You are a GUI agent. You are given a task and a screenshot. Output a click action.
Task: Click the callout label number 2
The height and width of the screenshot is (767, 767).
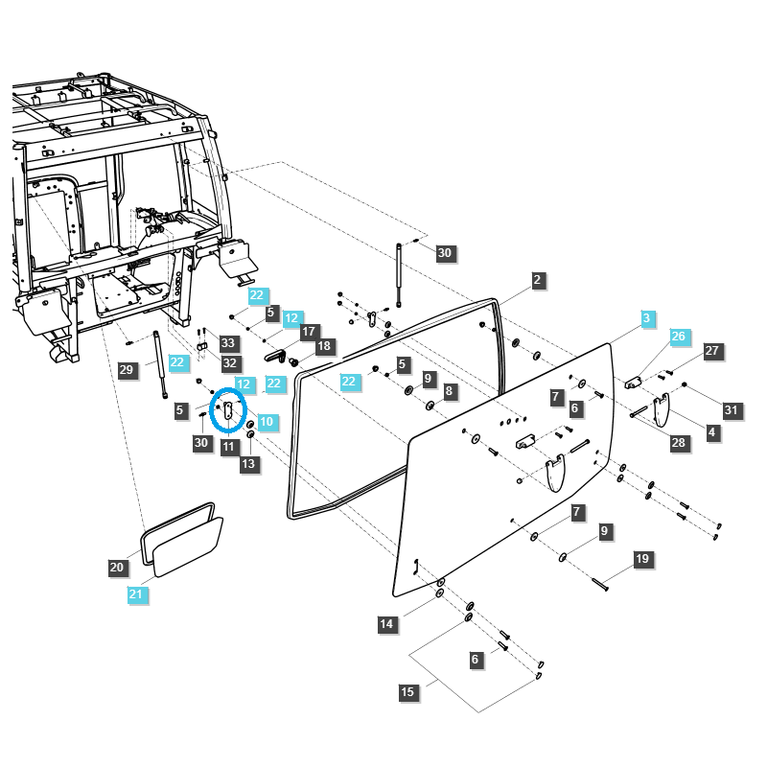(x=538, y=280)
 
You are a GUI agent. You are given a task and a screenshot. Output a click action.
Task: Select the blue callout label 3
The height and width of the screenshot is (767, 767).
(x=646, y=317)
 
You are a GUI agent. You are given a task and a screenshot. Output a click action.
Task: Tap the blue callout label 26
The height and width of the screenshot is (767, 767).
(x=679, y=337)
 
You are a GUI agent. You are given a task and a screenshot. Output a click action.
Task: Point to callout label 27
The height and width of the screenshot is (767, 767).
(x=711, y=351)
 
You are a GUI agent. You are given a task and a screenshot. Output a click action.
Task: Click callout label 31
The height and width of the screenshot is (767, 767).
(x=732, y=410)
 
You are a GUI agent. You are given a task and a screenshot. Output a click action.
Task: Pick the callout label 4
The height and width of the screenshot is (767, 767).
(x=712, y=433)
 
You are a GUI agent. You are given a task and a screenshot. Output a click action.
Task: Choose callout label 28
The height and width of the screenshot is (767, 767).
(x=678, y=442)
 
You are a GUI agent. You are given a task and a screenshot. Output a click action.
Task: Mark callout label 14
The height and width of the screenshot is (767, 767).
(x=386, y=625)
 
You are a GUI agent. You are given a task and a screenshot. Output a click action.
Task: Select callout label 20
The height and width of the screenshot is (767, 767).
(x=117, y=568)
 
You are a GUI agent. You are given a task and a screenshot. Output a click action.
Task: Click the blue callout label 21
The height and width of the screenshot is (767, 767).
(x=136, y=595)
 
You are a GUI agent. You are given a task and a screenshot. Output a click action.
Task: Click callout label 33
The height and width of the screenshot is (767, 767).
(x=228, y=342)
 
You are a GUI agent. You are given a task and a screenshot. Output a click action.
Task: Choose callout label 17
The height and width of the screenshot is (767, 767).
(x=309, y=332)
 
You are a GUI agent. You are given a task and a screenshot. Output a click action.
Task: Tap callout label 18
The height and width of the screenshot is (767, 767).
(x=324, y=346)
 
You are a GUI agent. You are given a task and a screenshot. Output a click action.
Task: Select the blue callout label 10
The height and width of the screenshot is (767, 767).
(x=266, y=421)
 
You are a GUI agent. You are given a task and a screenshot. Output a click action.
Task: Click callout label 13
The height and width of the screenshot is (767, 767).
(x=249, y=464)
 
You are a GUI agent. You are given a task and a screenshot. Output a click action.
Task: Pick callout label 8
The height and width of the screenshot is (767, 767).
(x=450, y=391)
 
